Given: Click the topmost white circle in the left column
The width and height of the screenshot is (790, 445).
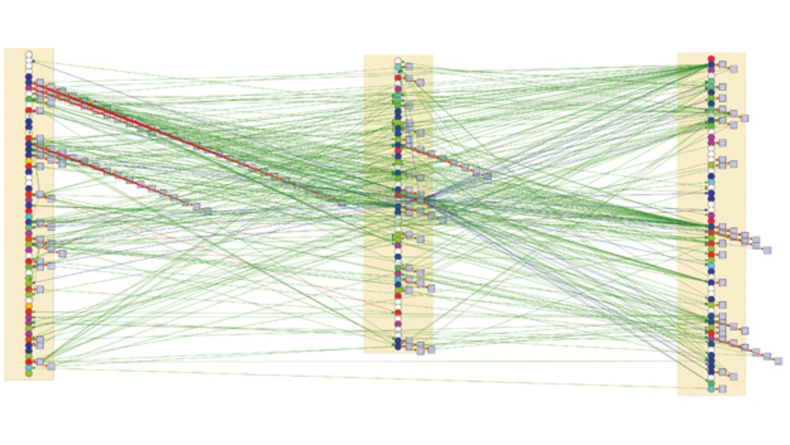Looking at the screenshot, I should [28, 55].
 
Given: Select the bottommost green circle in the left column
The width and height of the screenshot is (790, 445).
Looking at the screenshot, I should [28, 373].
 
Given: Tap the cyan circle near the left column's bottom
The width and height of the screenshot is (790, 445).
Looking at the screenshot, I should [28, 368].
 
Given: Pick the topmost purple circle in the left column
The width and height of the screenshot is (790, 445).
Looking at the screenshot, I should [28, 88].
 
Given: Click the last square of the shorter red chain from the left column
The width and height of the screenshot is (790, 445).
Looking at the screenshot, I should [208, 211].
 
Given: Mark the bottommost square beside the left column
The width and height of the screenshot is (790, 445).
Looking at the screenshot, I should [51, 367].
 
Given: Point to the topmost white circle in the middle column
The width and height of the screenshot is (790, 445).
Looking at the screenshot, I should [398, 61].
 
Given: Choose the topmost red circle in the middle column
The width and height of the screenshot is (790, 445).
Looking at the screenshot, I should [398, 78].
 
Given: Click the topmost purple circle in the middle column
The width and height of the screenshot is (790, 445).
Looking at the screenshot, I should [398, 89].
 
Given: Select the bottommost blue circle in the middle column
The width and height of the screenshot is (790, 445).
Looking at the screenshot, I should [398, 347].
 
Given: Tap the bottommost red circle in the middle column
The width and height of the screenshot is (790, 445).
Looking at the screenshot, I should [398, 313].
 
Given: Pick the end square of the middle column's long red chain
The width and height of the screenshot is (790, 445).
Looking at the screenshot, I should [488, 177].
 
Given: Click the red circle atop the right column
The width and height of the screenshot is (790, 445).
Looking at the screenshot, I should [711, 59].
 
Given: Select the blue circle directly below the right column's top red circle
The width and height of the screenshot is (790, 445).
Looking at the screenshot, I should [711, 64].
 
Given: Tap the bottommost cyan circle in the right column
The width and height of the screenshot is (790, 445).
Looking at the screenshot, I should [711, 389].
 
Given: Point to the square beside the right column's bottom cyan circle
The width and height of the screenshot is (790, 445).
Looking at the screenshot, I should [722, 389].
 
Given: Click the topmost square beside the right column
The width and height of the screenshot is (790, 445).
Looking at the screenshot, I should [722, 64].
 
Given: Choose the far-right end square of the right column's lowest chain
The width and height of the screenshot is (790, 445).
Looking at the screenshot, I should [778, 361].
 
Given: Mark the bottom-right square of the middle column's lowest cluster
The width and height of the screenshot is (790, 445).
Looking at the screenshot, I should [431, 350].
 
